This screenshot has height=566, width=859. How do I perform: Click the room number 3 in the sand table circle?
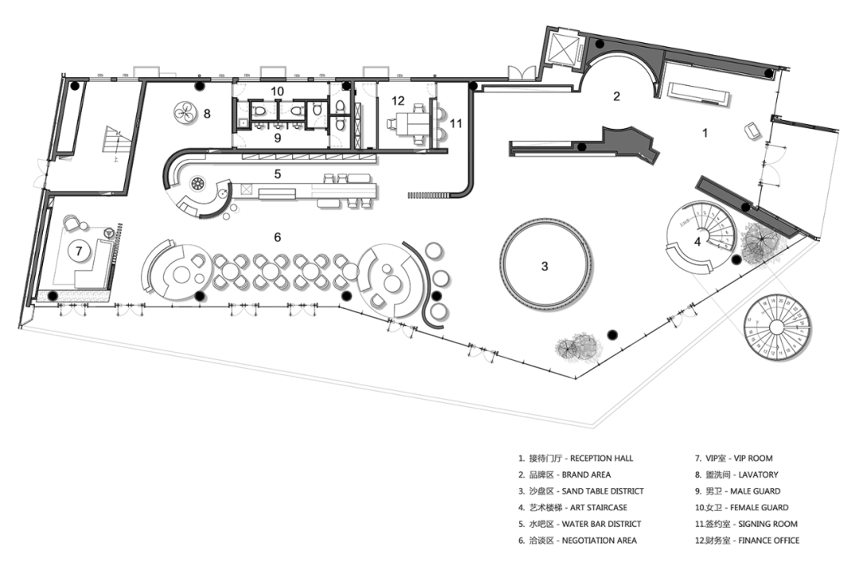click(x=545, y=266)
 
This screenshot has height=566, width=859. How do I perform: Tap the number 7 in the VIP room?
click(x=80, y=251)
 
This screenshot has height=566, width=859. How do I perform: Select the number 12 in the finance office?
click(x=398, y=101)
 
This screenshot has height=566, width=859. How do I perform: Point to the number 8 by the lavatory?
click(x=207, y=114)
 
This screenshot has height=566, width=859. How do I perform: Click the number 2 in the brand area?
click(x=616, y=96)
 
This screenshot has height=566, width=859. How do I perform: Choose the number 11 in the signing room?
click(x=456, y=124)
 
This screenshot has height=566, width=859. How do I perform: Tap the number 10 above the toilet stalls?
click(x=278, y=91)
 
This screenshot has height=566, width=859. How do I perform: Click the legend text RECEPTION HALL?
click(x=601, y=459)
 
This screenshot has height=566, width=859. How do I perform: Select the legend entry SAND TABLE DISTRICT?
click(x=603, y=491)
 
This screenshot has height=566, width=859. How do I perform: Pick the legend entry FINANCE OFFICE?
click(x=768, y=541)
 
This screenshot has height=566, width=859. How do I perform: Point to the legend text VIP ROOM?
click(x=753, y=459)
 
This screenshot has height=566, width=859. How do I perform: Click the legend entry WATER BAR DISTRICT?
click(x=601, y=525)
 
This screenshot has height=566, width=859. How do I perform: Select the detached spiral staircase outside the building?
click(x=777, y=328)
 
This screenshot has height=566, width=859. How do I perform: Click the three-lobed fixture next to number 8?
click(x=185, y=112)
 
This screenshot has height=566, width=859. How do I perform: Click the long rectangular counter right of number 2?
click(x=698, y=94)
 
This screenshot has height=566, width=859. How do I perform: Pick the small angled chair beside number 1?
click(x=751, y=132)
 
